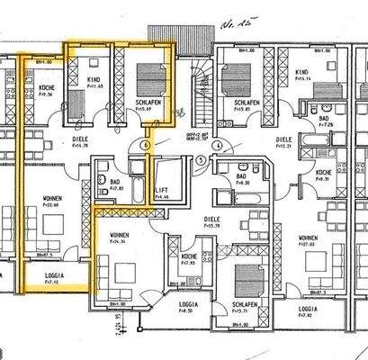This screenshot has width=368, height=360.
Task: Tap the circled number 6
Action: click(146, 145)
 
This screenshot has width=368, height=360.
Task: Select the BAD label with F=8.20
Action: click(241, 176)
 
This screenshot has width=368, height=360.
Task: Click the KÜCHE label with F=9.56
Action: click(47, 88)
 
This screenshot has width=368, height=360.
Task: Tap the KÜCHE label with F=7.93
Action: click(189, 257)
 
